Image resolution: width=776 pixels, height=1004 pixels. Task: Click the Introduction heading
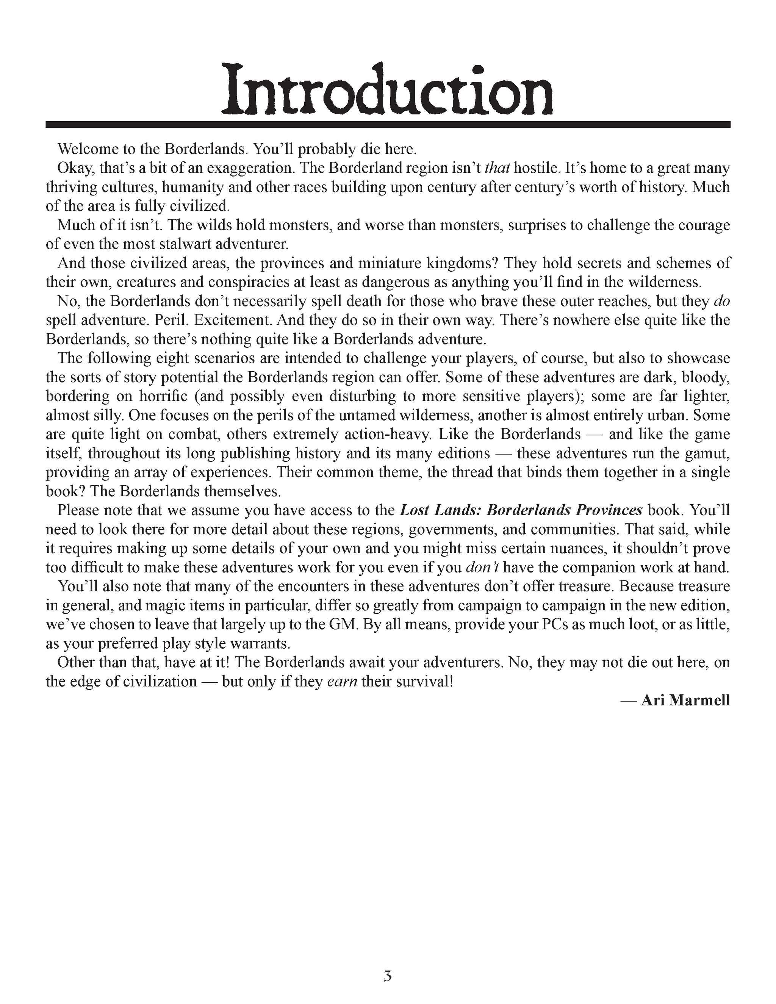coord(388,90)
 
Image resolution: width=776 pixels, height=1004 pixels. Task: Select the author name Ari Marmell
coord(685,700)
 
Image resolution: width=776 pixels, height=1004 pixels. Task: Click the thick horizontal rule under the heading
coord(388,124)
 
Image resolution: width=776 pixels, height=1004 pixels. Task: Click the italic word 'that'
coord(498,168)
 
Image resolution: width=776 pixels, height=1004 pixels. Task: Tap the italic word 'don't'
coord(482,567)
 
